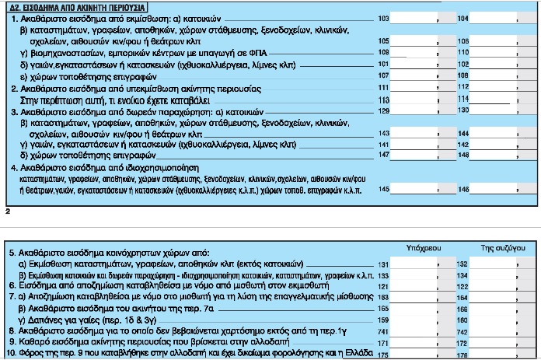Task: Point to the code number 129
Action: coord(383,110)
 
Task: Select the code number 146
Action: coord(465,189)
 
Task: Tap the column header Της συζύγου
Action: coord(497,247)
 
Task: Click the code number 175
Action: coord(383,355)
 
